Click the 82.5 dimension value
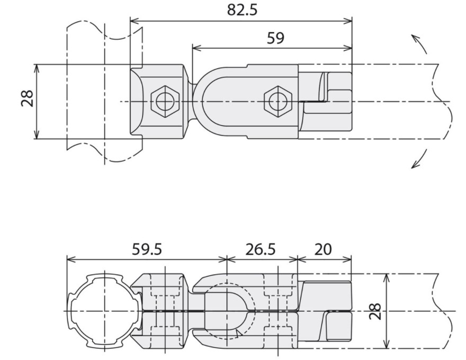tap(242, 10)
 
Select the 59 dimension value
tap(275, 38)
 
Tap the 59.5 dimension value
tap(147, 249)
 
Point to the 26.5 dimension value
tap(261, 249)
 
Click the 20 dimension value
tap(322, 249)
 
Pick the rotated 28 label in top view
tap(27, 98)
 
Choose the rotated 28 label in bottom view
tap(375, 311)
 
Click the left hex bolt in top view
tap(165, 102)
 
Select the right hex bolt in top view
tap(278, 102)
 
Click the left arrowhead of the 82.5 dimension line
tap(135, 21)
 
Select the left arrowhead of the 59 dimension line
tap(196, 48)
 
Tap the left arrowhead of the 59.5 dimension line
tap(71, 259)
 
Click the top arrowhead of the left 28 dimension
tap(37, 68)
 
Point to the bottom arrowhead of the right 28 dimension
tap(387, 344)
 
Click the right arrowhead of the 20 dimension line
tap(347, 259)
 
